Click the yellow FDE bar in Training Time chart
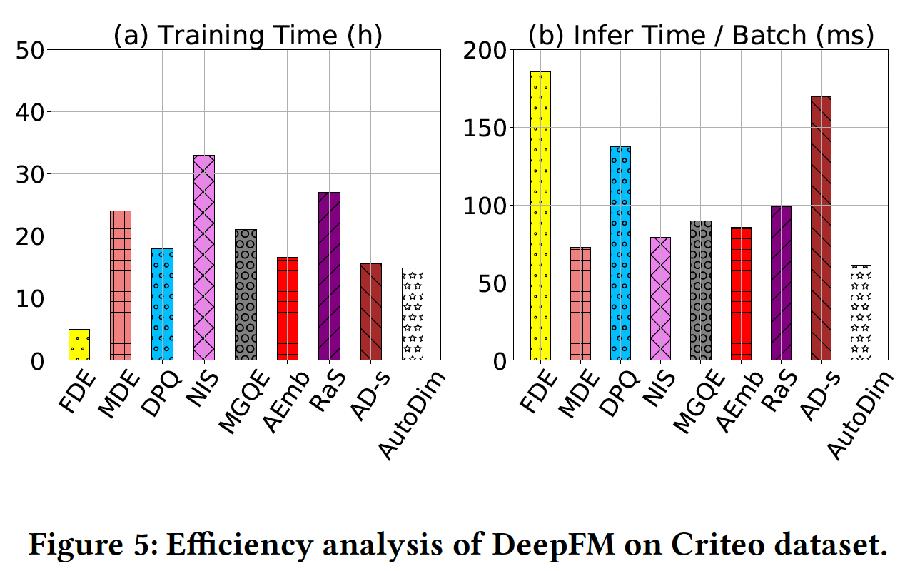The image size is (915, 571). pos(79,345)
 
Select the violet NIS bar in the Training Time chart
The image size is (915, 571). pos(203,258)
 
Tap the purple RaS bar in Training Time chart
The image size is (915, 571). pos(329,276)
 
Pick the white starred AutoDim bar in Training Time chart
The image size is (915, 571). pos(412,314)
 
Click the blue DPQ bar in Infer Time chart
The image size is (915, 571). pos(620,253)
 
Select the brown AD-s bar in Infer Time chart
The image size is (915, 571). pos(821,228)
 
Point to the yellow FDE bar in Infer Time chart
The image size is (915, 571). pos(540,216)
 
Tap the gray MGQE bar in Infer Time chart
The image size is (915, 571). pos(701,290)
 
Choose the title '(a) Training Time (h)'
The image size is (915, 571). pos(248,36)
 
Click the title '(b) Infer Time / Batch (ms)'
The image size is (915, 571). pos(701,36)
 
